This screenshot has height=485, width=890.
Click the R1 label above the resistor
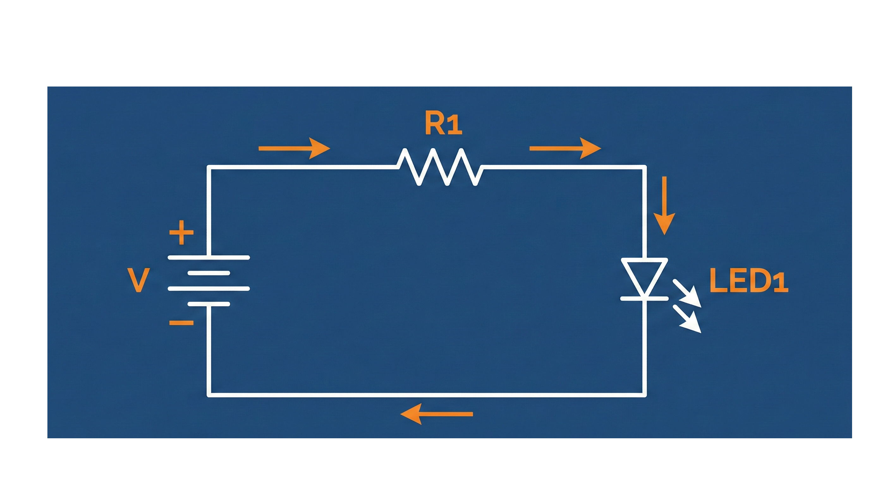point(443,124)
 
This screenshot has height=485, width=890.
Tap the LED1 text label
point(749,281)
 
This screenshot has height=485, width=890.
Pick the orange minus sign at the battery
point(181,323)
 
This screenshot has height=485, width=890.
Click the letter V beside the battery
point(138,280)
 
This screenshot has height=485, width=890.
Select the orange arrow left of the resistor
point(294,148)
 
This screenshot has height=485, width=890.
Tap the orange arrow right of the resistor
point(565,148)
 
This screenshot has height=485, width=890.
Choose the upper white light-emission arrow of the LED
point(687,293)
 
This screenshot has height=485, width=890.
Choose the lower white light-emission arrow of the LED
point(687,319)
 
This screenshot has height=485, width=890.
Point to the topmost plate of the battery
point(209,258)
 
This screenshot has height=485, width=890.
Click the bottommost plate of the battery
point(209,304)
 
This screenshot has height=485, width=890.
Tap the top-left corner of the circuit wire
point(209,167)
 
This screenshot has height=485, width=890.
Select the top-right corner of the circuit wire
point(644,167)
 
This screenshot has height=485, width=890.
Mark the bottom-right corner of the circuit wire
point(644,395)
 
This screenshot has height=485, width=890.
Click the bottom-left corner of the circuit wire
point(209,395)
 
